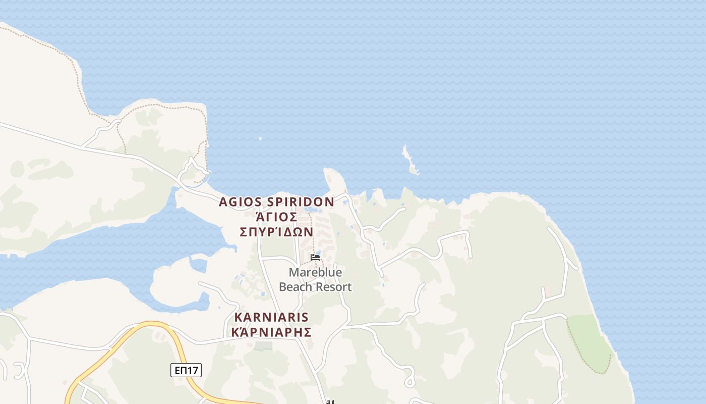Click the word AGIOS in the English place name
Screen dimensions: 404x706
(x=239, y=203)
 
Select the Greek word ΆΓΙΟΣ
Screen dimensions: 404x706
(x=276, y=217)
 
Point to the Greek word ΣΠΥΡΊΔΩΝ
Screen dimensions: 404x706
(x=276, y=232)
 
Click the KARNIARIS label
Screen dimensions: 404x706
(x=271, y=318)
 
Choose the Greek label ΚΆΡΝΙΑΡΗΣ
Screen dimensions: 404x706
(x=271, y=332)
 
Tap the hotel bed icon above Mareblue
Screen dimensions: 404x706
(x=315, y=258)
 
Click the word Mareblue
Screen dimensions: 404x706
(x=315, y=273)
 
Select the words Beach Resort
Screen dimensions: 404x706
(x=315, y=287)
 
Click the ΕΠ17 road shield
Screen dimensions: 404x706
(x=186, y=371)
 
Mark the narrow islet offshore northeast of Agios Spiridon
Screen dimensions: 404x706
(x=409, y=161)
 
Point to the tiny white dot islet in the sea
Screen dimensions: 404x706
(x=260, y=138)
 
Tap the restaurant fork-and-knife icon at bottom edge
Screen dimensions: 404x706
(x=330, y=402)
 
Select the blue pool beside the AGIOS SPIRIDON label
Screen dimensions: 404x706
(x=313, y=210)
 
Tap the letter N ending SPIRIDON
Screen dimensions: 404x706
(x=329, y=203)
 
